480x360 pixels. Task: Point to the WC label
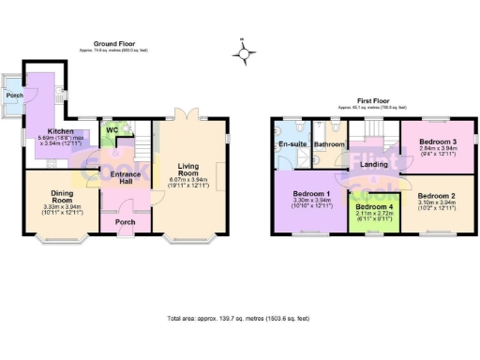pyautogui.click(x=112, y=130)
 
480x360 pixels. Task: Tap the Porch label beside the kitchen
pyautogui.click(x=14, y=96)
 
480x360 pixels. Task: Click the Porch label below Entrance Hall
pyautogui.click(x=125, y=222)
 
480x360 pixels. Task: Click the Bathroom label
pyautogui.click(x=329, y=144)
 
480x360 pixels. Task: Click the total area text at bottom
pyautogui.click(x=238, y=319)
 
